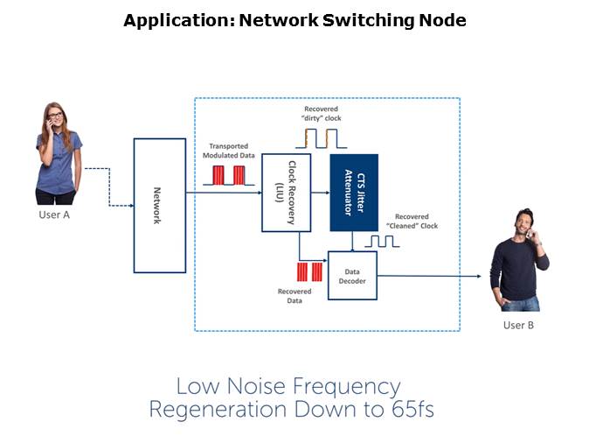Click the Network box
coord(159,205)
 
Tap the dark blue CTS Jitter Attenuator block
coord(353,193)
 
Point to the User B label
coord(518,326)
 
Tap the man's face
coord(523,223)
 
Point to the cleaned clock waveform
coord(382,241)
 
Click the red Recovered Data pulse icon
coord(309,271)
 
